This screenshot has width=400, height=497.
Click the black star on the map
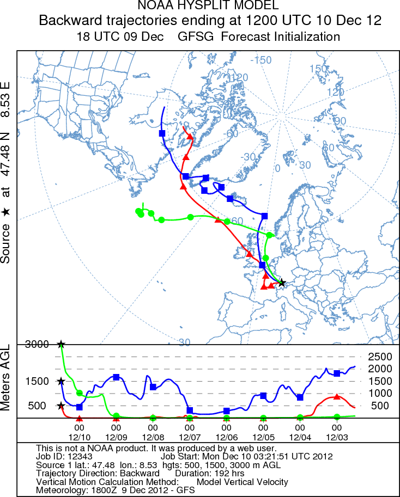281,283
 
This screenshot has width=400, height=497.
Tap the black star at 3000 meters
61,344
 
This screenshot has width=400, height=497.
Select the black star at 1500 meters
61,381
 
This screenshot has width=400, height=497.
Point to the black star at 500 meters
61,406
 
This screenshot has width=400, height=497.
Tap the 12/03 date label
337,437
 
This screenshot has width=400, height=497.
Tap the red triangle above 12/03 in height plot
337,397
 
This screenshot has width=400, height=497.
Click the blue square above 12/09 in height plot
116,377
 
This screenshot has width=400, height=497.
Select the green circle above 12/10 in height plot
79,393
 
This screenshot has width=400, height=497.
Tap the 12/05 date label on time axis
263,437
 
